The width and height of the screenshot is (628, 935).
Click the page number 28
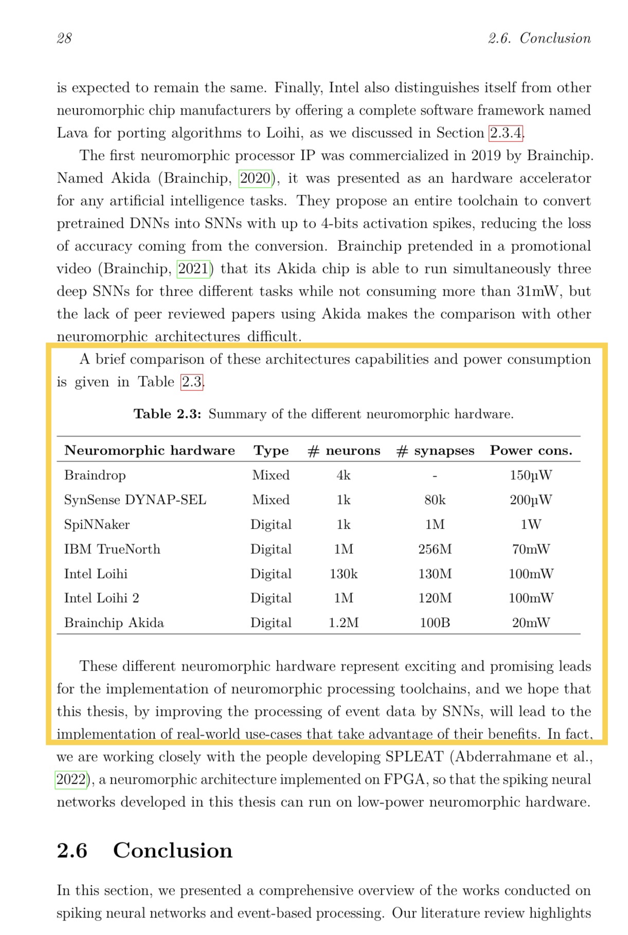tap(64, 39)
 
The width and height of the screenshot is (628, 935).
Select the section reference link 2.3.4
tap(506, 133)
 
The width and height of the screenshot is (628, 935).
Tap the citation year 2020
tap(255, 178)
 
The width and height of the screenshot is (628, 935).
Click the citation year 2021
tap(193, 269)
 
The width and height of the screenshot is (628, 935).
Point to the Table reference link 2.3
tap(191, 382)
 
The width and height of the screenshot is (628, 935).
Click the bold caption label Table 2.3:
tap(167, 414)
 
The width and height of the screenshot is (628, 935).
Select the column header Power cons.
tap(531, 451)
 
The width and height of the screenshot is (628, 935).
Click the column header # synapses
tap(435, 451)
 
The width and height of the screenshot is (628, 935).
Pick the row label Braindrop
tap(95, 475)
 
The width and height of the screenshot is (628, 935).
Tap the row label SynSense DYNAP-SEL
tap(135, 500)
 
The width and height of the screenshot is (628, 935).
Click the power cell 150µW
tap(531, 475)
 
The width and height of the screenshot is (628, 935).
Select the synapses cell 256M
tap(435, 549)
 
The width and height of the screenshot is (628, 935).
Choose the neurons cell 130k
tap(344, 574)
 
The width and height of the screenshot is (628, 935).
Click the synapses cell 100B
tap(435, 623)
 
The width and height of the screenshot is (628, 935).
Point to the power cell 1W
tap(531, 525)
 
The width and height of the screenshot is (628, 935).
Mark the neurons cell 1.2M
tap(344, 623)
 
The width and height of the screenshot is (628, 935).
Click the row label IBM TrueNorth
tap(112, 549)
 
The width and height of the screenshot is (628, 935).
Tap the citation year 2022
tap(71, 780)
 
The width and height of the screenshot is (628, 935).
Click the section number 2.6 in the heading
tap(72, 851)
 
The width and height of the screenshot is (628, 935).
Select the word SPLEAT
tap(414, 757)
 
